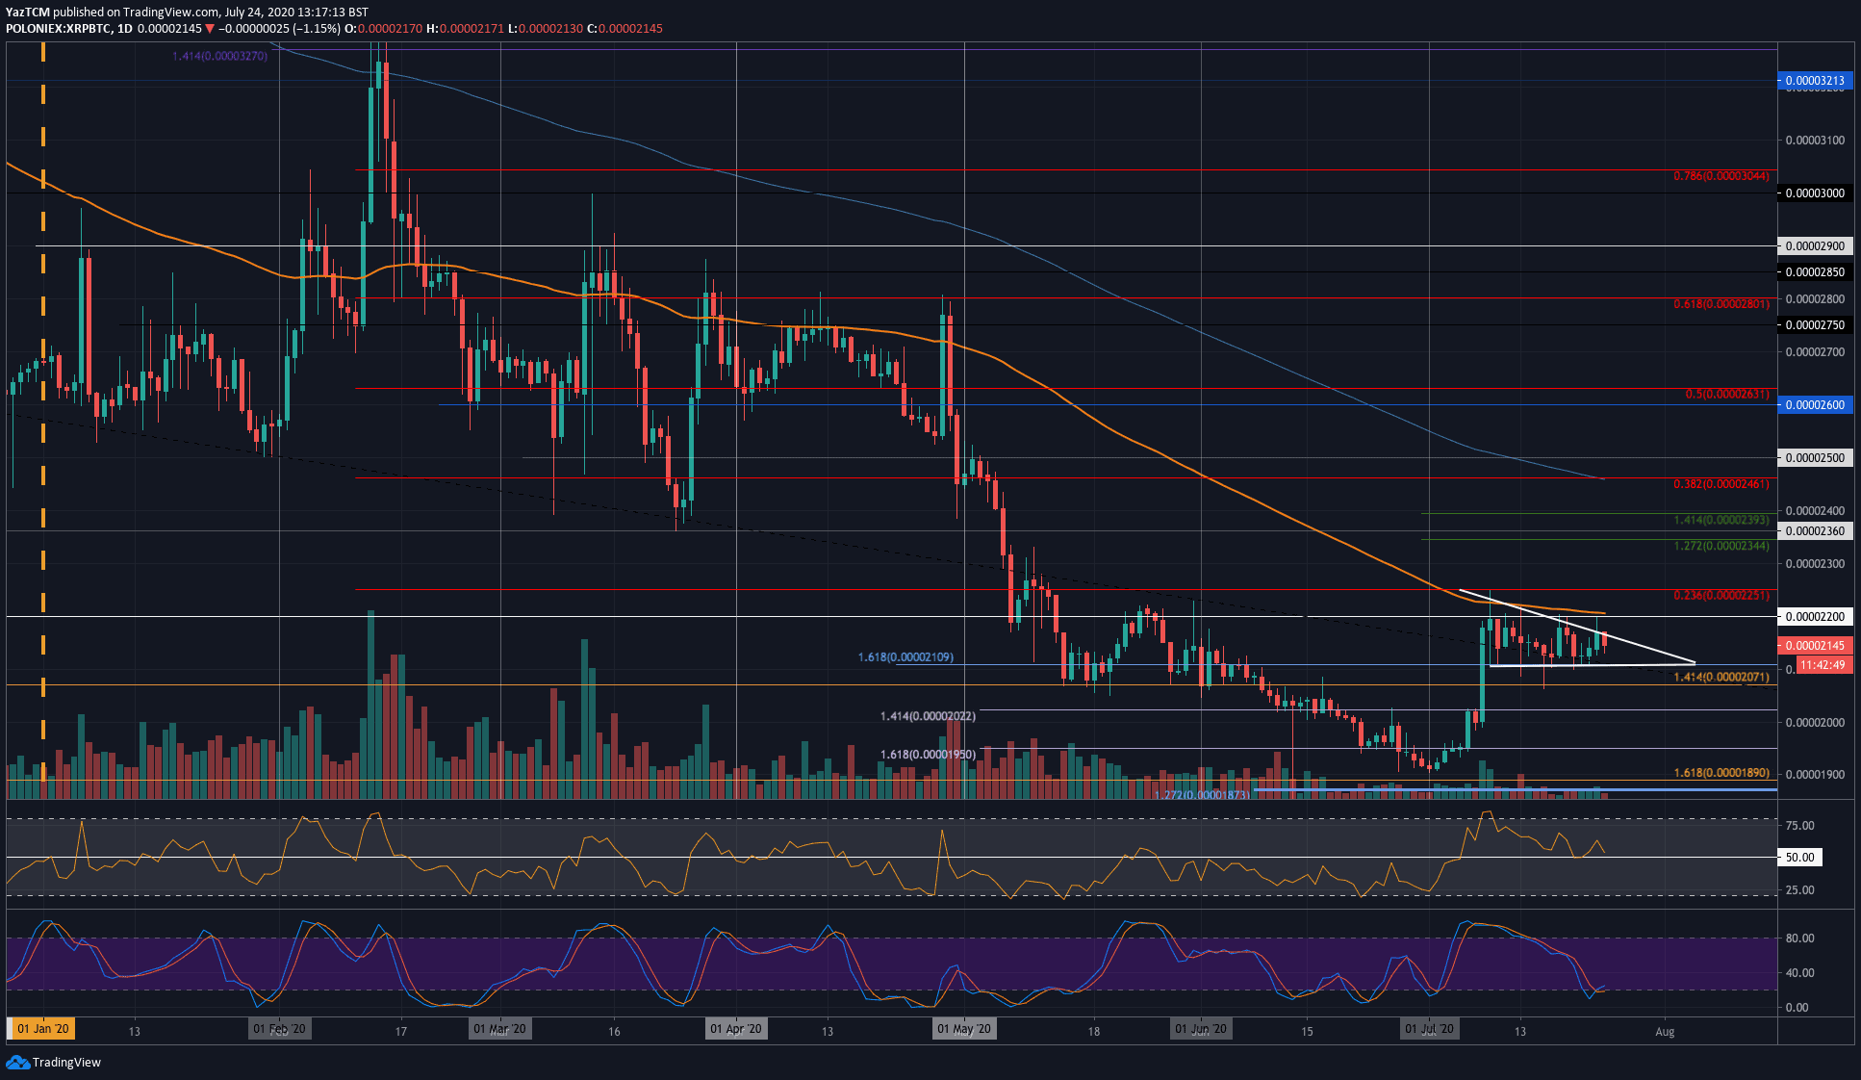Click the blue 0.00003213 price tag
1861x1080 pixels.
point(1814,81)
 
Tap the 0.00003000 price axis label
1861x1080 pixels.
point(1814,193)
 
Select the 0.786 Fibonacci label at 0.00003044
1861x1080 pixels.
point(1721,176)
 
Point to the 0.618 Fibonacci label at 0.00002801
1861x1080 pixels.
point(1721,304)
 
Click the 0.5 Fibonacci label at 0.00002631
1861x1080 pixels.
point(1726,395)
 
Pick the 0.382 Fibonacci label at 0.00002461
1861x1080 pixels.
point(1721,484)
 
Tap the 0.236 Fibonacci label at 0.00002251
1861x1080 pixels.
point(1721,596)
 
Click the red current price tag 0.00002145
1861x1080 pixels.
point(1814,646)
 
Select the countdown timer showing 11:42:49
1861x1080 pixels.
point(1822,665)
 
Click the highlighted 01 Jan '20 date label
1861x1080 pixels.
point(43,1029)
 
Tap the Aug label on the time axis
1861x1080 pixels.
point(1665,1031)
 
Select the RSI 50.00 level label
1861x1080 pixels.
point(1799,857)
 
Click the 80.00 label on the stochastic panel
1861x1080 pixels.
point(1799,938)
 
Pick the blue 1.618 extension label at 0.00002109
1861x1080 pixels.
point(905,657)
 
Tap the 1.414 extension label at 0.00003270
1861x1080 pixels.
point(219,57)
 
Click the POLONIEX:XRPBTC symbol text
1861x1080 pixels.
point(56,29)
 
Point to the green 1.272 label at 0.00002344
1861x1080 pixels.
point(1721,546)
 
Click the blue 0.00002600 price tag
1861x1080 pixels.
point(1814,405)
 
